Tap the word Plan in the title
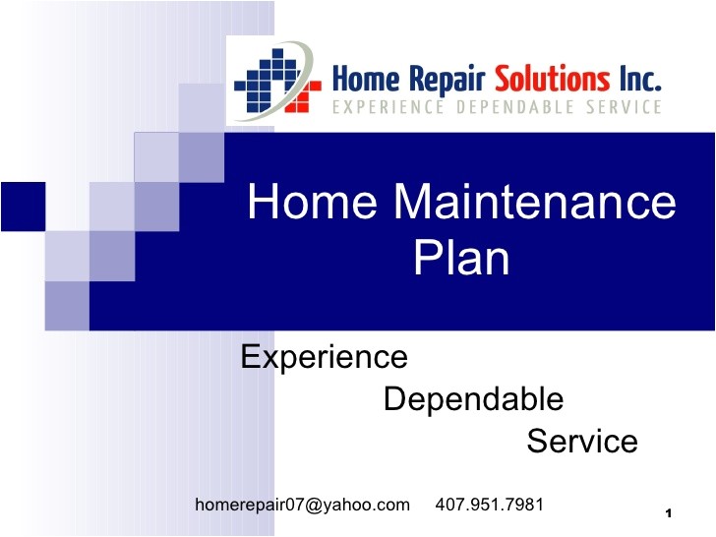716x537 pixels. (x=461, y=260)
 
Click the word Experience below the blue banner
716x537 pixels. (x=324, y=356)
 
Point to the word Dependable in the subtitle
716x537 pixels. (x=473, y=399)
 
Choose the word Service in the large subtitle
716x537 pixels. (x=582, y=442)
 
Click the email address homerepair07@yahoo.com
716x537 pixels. (x=303, y=505)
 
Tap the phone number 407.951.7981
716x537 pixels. (x=489, y=505)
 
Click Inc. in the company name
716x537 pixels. (x=638, y=78)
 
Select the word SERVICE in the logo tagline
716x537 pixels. (x=620, y=106)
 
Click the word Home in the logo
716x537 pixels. (x=362, y=78)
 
